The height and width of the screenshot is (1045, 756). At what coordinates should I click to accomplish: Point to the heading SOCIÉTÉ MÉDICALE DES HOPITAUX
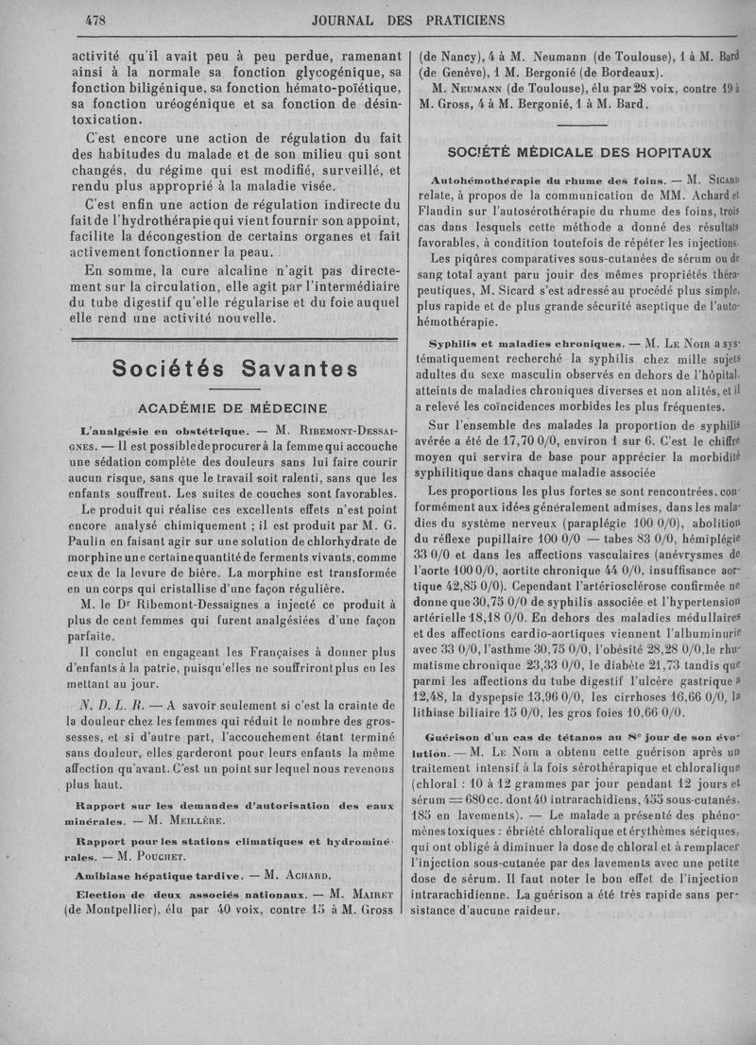click(579, 153)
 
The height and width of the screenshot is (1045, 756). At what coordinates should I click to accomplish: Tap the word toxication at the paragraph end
click(109, 121)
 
